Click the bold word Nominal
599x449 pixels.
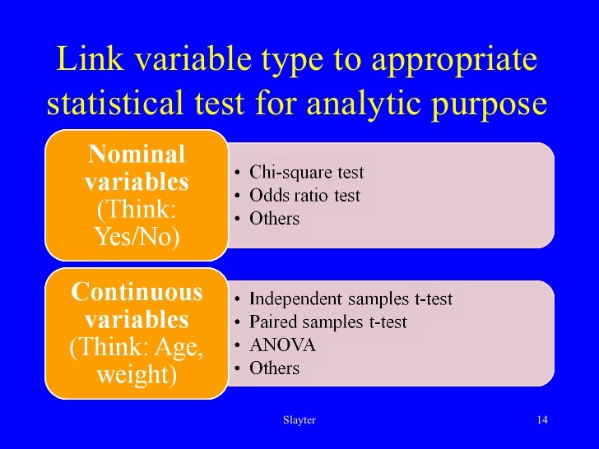pyautogui.click(x=137, y=154)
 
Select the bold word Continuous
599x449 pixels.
pyautogui.click(x=137, y=292)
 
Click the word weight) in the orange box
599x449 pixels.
pyautogui.click(x=137, y=375)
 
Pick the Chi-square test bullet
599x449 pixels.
pyautogui.click(x=306, y=174)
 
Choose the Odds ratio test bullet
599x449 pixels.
pyautogui.click(x=304, y=196)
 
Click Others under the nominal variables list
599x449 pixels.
pyautogui.click(x=274, y=219)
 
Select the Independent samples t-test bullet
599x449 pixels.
pyautogui.click(x=351, y=299)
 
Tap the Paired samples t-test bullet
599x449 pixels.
pyautogui.click(x=327, y=322)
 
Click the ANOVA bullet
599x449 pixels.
pyautogui.click(x=282, y=345)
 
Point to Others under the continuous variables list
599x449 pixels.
pyautogui.click(x=274, y=368)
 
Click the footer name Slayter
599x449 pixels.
pyautogui.click(x=299, y=420)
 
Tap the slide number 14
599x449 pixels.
pyautogui.click(x=541, y=420)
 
